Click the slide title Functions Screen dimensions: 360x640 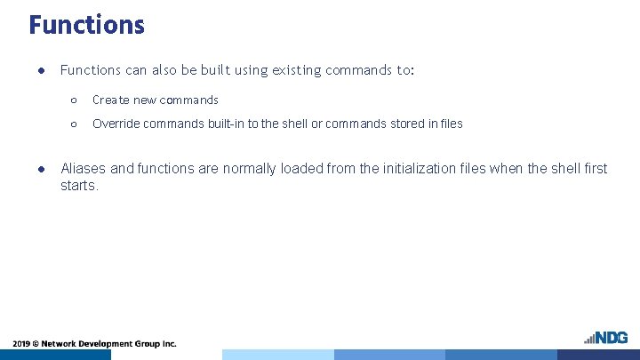coord(86,24)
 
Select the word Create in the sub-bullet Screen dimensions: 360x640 coord(111,100)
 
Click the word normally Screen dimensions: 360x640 coord(251,168)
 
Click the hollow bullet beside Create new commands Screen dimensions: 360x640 coord(74,100)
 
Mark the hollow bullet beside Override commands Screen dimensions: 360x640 coord(74,124)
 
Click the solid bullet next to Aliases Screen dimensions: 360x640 coord(41,168)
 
